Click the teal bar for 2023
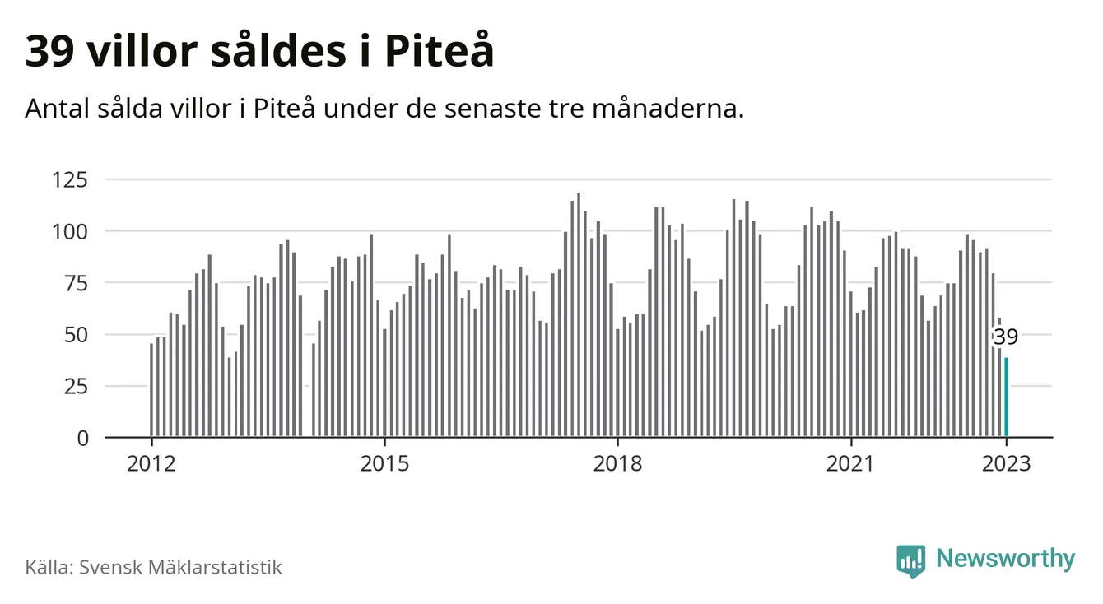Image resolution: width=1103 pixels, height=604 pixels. point(1006,397)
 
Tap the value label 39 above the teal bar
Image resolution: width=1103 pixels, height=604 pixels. point(1005,337)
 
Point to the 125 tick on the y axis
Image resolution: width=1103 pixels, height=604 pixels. point(70,179)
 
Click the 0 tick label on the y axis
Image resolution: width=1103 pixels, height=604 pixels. point(82,439)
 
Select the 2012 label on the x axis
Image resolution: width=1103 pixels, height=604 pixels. point(151,463)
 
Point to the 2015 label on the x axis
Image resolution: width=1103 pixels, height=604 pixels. point(384,463)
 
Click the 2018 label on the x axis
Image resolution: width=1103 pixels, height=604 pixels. point(617,463)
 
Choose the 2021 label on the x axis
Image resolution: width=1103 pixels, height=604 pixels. point(850,463)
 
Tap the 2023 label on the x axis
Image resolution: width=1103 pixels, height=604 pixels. point(1006,463)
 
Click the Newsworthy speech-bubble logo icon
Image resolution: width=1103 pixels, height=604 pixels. point(910,561)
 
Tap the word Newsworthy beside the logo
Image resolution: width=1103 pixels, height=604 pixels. point(1005,560)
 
